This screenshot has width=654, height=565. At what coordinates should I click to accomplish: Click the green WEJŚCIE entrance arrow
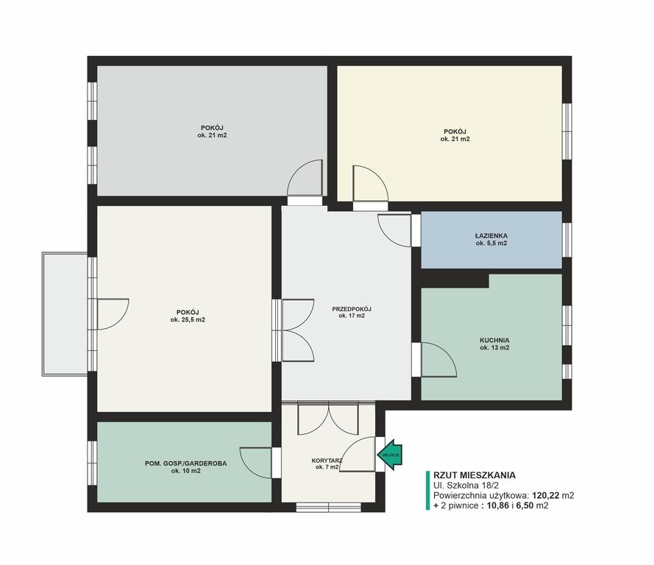point(390,455)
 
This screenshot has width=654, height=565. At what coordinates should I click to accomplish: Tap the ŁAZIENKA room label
point(491,235)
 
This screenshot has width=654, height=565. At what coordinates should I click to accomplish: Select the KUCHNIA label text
point(494,341)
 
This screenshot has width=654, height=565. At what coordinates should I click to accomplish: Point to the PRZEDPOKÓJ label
point(352,309)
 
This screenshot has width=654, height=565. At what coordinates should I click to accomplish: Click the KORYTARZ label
point(327,461)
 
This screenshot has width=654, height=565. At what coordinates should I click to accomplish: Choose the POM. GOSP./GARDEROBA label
point(186,463)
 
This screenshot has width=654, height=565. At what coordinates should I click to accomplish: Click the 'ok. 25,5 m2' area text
point(188,320)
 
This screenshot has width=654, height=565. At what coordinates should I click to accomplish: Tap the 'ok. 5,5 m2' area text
point(491,243)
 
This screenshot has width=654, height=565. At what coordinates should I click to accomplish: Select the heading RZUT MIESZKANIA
point(474,475)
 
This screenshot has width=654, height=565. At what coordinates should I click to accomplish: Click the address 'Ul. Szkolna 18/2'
point(466,486)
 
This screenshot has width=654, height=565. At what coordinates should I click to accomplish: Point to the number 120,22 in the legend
point(546,495)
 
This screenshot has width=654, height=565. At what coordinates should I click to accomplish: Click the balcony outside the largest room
point(65,313)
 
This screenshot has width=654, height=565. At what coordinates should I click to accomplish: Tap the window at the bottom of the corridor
point(328,507)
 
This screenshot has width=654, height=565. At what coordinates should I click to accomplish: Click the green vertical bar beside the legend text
point(427,491)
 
